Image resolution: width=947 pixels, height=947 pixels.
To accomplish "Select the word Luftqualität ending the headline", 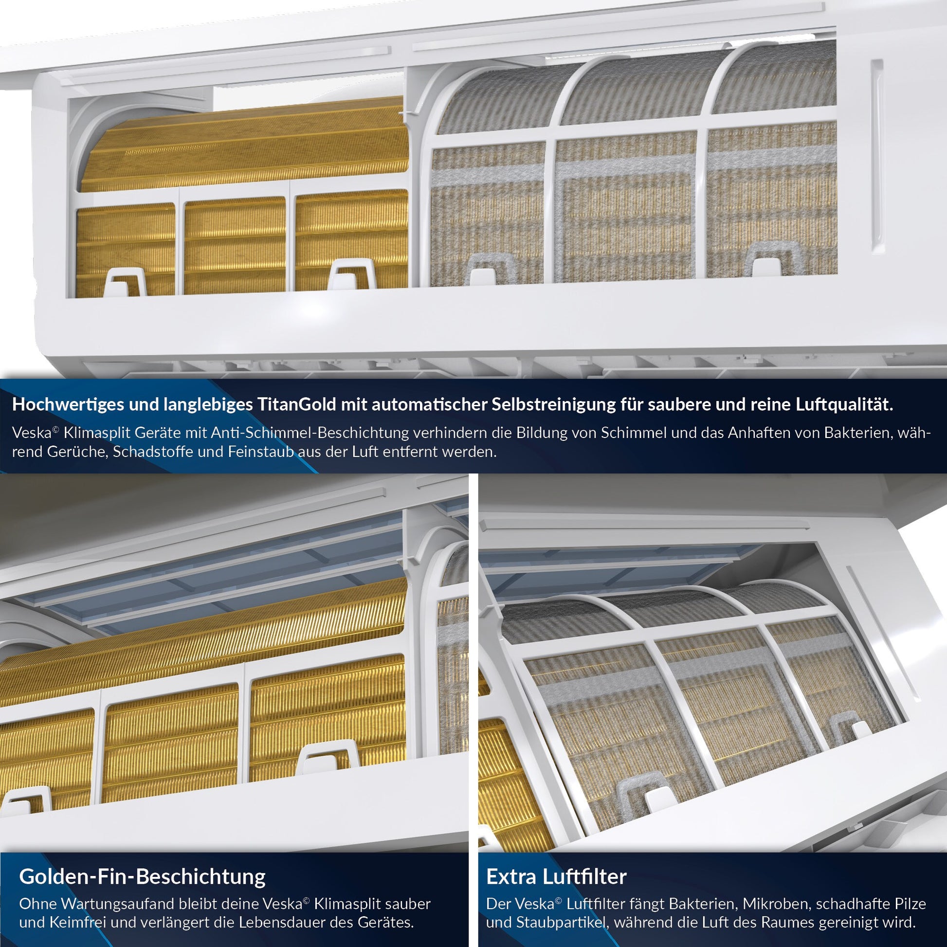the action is pyautogui.click(x=840, y=405).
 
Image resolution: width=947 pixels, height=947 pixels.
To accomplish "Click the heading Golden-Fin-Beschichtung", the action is pyautogui.click(x=142, y=876).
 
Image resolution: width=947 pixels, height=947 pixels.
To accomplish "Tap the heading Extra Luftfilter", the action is pyautogui.click(x=556, y=876).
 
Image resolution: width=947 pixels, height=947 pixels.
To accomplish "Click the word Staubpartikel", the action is pyautogui.click(x=562, y=923).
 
